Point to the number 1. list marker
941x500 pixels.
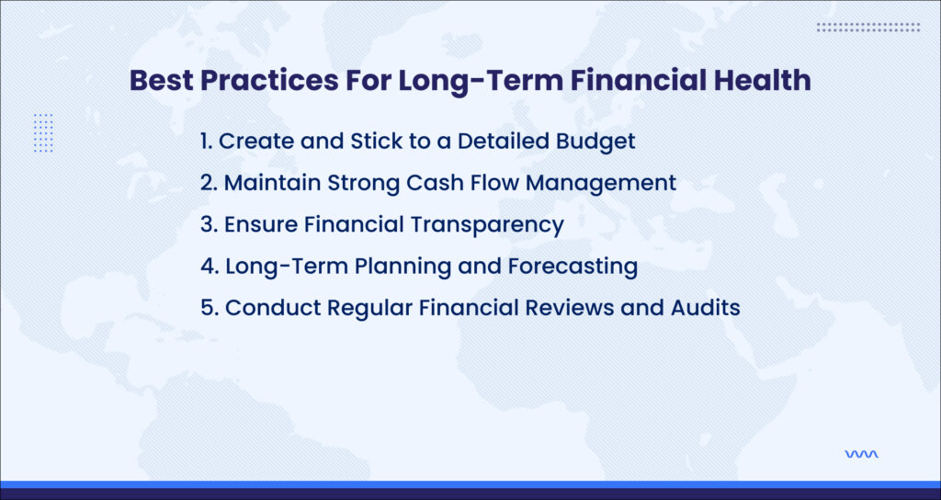(207, 142)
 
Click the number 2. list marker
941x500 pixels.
(209, 183)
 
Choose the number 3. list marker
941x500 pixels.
(209, 224)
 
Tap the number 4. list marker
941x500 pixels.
(210, 266)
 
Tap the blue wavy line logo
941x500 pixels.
(861, 454)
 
